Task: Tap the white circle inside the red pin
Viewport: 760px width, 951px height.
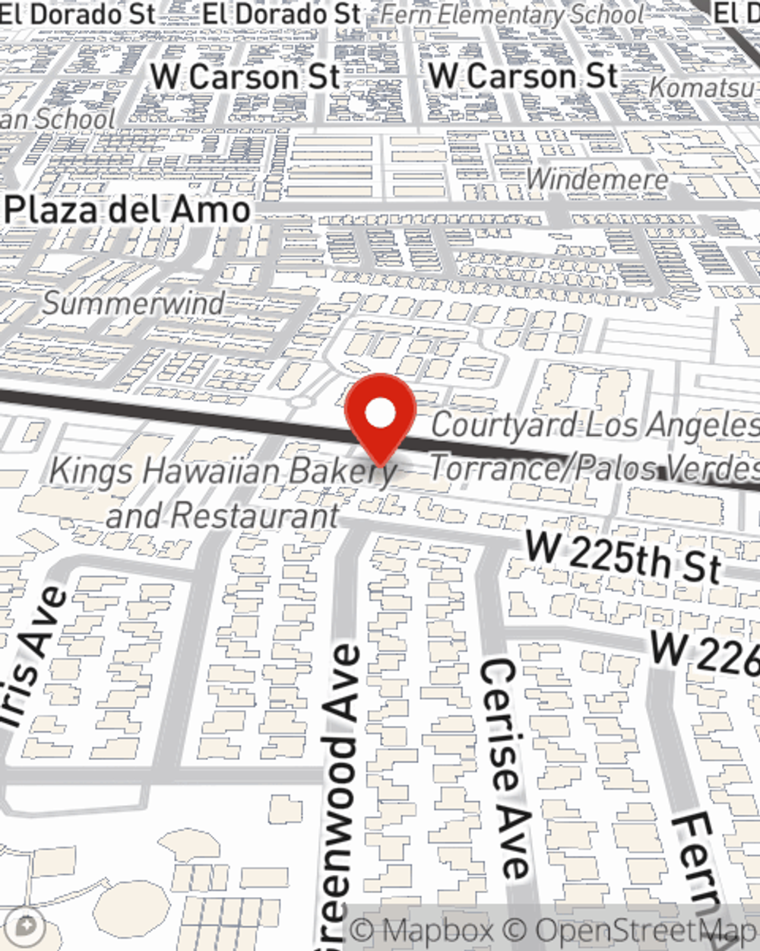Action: click(x=380, y=413)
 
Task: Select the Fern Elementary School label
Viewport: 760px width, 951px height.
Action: click(x=512, y=14)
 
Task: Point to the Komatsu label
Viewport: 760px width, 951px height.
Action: click(x=703, y=87)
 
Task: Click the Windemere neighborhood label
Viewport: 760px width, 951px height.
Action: click(x=597, y=180)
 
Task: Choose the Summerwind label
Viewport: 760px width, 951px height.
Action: click(x=134, y=303)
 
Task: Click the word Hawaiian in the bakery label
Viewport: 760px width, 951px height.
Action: click(x=214, y=471)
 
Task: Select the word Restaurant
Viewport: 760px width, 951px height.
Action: click(x=255, y=516)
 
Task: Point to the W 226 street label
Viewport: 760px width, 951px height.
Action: click(x=703, y=653)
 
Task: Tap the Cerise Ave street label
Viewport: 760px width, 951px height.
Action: click(x=505, y=768)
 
